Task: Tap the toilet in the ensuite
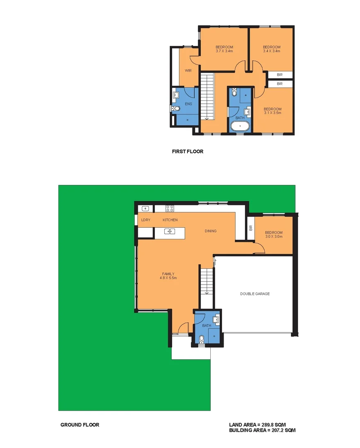coord(176,109)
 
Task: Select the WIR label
coord(188,71)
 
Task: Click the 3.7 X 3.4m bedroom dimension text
coord(224,51)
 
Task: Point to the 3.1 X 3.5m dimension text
coord(272,112)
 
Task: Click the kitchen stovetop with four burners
coord(170,208)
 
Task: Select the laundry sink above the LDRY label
coord(146,208)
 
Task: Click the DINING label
coord(211,231)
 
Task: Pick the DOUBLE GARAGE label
coord(255,294)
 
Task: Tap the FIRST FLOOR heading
coord(187,151)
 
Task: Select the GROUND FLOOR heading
coord(80,425)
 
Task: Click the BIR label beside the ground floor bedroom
coord(251,228)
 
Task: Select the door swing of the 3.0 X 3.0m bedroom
coord(260,248)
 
